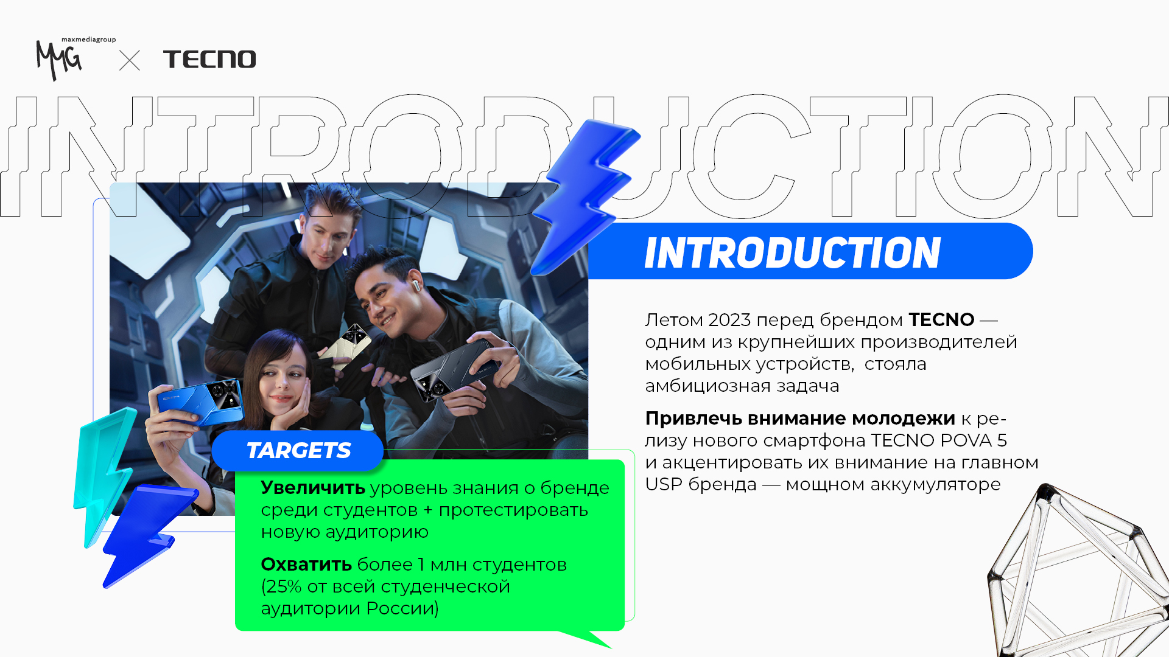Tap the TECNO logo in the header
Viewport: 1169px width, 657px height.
[209, 59]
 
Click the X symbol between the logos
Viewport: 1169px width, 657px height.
[130, 60]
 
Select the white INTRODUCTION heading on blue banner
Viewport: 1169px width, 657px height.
[792, 252]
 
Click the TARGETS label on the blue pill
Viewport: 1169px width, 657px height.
[298, 451]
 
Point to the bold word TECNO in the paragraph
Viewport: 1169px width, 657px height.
[941, 319]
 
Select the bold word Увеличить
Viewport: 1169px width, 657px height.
[313, 487]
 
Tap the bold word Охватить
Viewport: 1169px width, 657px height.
[306, 565]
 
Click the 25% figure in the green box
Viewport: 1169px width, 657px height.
[284, 586]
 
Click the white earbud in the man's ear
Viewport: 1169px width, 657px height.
[416, 285]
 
